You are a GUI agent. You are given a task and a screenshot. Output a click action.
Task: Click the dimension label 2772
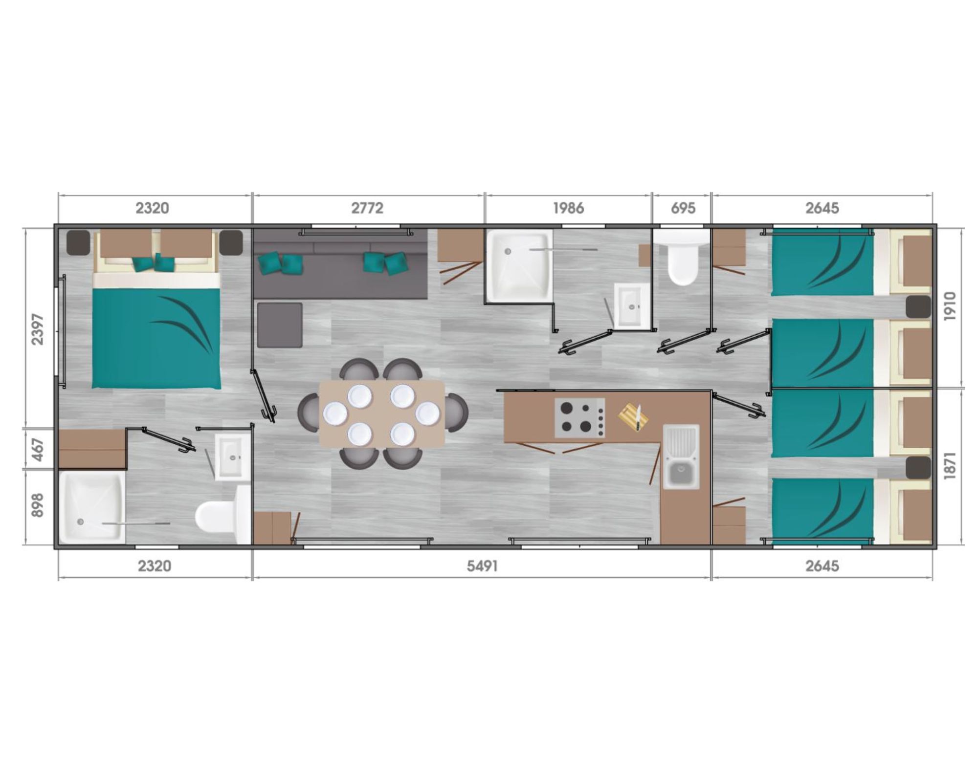(x=367, y=208)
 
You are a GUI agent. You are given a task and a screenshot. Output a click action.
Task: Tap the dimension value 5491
(x=482, y=566)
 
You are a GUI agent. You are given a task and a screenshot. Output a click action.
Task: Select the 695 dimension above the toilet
(x=683, y=208)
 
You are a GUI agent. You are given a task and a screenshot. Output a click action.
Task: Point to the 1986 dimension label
(x=568, y=208)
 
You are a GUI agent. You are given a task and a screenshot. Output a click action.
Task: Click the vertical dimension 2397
(x=38, y=329)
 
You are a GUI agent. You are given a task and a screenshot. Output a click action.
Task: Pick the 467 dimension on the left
(x=38, y=450)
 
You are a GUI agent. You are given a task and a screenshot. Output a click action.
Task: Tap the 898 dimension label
(x=38, y=505)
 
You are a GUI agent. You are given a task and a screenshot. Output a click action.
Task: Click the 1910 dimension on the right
(x=949, y=306)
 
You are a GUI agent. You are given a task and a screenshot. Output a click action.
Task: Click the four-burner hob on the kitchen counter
(x=579, y=417)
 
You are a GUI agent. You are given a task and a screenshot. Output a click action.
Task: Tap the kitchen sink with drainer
(x=681, y=457)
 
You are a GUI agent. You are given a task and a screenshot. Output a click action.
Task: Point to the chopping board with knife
(x=634, y=417)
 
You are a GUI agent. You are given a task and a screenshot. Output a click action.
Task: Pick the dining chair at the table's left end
(x=309, y=413)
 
